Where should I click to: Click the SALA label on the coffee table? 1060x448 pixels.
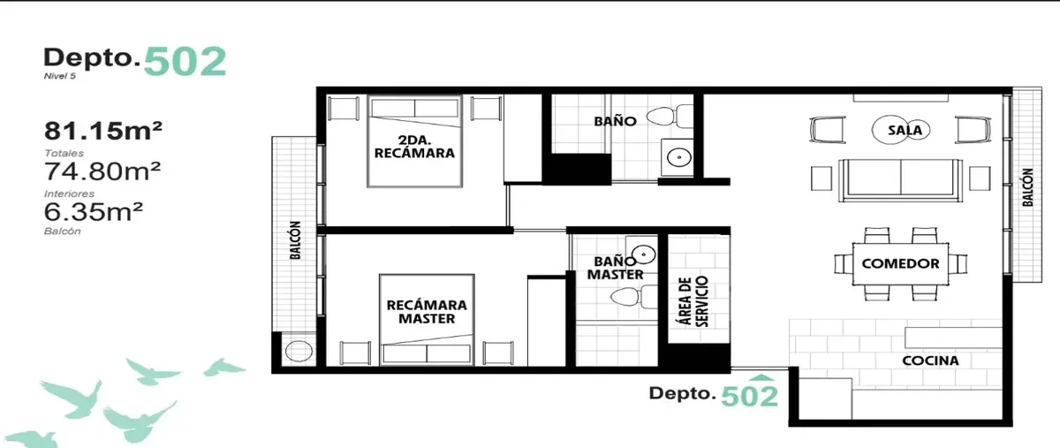(x=905, y=130)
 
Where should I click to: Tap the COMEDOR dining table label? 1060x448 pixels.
(x=900, y=264)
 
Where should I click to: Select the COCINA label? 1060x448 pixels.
(x=930, y=361)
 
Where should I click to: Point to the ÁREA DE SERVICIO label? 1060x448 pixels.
(x=693, y=301)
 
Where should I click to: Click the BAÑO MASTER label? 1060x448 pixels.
(x=615, y=268)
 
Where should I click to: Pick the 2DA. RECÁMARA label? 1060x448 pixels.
(x=414, y=147)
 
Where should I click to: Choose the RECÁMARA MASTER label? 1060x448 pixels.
(x=427, y=312)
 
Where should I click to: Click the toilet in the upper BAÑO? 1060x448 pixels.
(x=670, y=116)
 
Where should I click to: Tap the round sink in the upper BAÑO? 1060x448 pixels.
(x=678, y=157)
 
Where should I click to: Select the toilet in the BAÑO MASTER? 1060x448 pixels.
(x=634, y=297)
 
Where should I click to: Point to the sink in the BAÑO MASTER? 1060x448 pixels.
(x=644, y=254)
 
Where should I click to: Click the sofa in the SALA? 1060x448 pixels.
(x=900, y=180)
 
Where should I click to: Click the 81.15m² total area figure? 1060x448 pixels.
(x=103, y=131)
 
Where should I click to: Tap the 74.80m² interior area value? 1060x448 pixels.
(x=102, y=171)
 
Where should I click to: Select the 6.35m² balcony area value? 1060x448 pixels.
(x=94, y=212)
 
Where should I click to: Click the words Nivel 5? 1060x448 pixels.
(x=60, y=76)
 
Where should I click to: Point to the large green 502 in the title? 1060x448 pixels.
(x=185, y=62)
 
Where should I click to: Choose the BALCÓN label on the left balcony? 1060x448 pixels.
(x=295, y=240)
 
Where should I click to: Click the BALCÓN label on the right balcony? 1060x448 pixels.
(x=1027, y=187)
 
